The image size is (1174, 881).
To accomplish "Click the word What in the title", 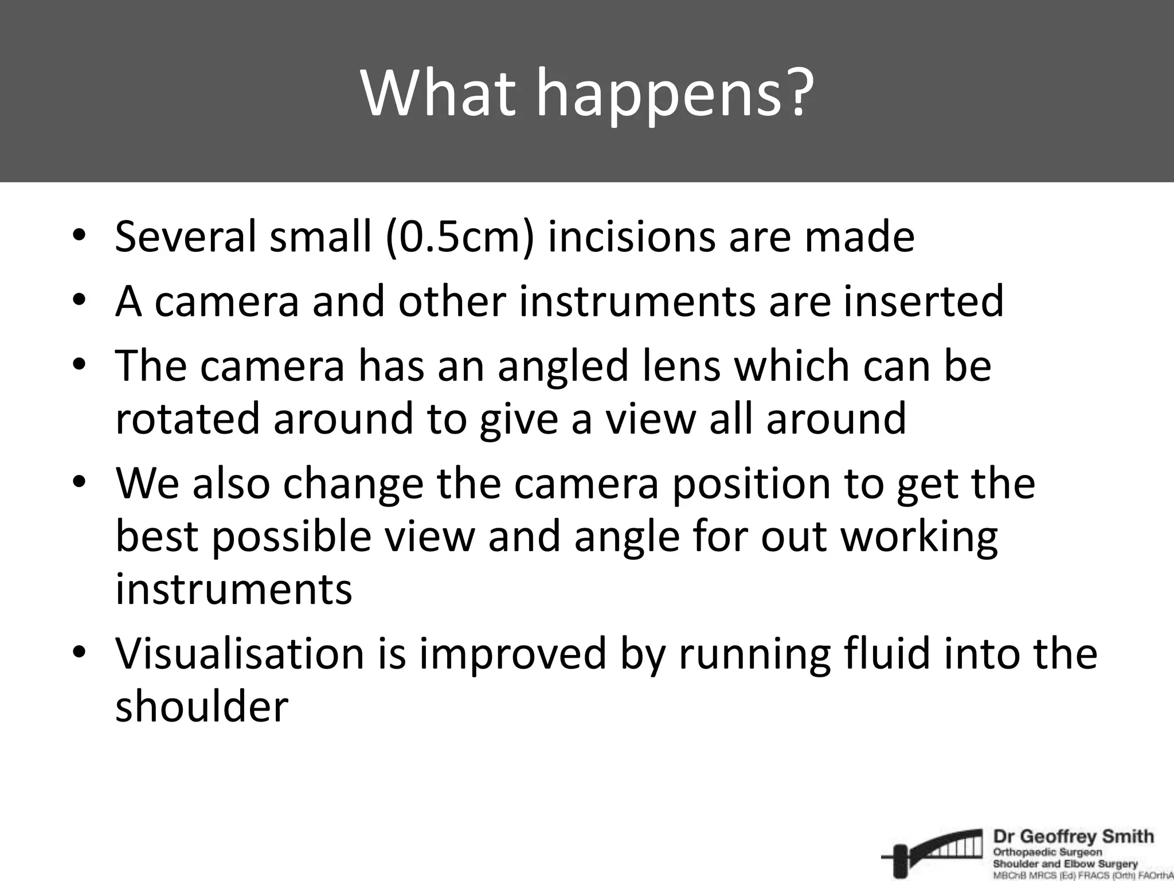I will point(436,93).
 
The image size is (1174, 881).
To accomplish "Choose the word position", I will point(751,483).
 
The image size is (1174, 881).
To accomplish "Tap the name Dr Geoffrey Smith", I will point(1073,837).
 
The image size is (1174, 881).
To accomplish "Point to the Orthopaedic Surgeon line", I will point(1047,853).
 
